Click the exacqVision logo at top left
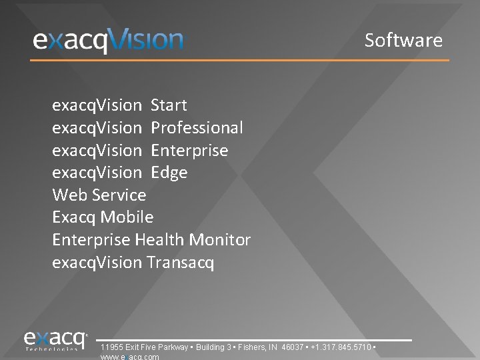(108, 41)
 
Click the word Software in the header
(403, 40)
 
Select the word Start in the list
(169, 105)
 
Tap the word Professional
(197, 128)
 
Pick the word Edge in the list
(169, 173)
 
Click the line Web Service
(99, 195)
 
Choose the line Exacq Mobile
(103, 217)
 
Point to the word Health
(160, 240)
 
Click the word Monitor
(220, 240)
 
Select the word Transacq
(180, 263)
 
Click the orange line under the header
(240, 61)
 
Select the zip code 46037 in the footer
(293, 348)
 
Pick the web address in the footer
(129, 357)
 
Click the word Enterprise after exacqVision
(189, 151)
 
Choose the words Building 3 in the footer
(211, 348)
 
